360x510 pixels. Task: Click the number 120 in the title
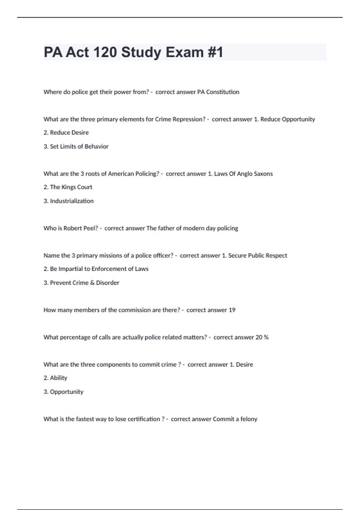pos(105,52)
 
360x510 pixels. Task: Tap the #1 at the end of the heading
pos(215,52)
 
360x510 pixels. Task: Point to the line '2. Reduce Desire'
pos(66,133)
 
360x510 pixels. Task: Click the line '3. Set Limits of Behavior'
pos(76,146)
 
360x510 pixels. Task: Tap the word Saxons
pos(263,174)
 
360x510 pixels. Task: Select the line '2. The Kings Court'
pos(68,187)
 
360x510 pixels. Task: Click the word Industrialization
pos(72,201)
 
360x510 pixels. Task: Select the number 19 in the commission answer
pos(232,310)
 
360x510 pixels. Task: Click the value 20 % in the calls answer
pos(262,337)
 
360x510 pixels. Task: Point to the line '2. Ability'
pos(55,378)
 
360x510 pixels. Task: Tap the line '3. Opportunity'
pos(63,392)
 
